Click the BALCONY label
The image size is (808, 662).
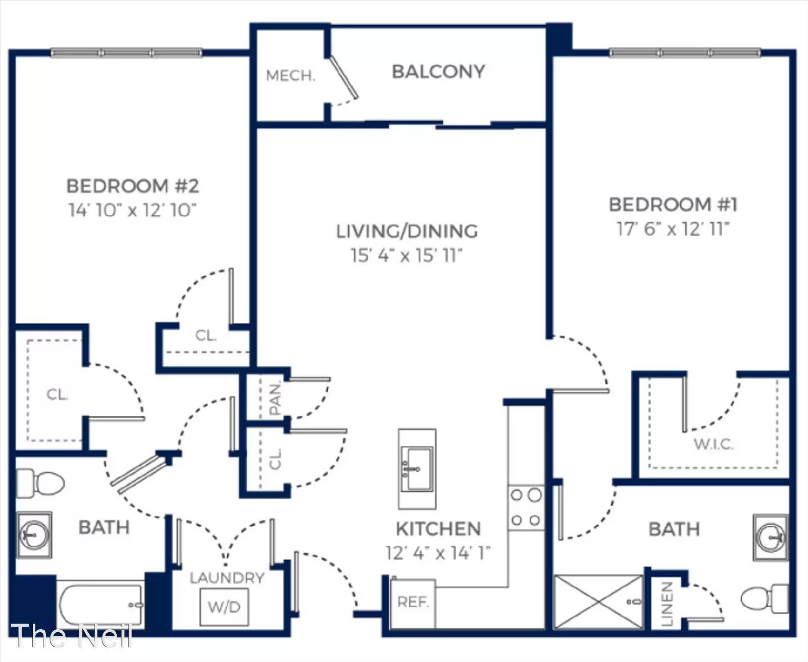point(438,72)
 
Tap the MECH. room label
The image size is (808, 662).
point(291,76)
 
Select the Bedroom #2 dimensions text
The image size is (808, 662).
point(132,210)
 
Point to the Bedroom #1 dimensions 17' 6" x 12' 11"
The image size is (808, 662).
point(673,229)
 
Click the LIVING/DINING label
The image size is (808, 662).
point(407,231)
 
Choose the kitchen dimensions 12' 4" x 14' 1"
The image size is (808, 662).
point(438,553)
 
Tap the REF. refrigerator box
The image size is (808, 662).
point(413,604)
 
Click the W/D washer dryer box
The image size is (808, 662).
point(224,607)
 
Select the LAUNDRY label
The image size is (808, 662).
point(227,578)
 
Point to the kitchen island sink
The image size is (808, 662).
point(417,469)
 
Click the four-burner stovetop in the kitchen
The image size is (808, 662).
point(526,508)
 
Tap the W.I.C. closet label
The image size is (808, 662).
point(714,445)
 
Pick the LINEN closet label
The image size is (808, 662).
point(667,604)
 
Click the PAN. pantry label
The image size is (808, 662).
point(275,399)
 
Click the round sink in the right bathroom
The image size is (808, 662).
point(771,538)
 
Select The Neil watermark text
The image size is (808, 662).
point(71,636)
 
